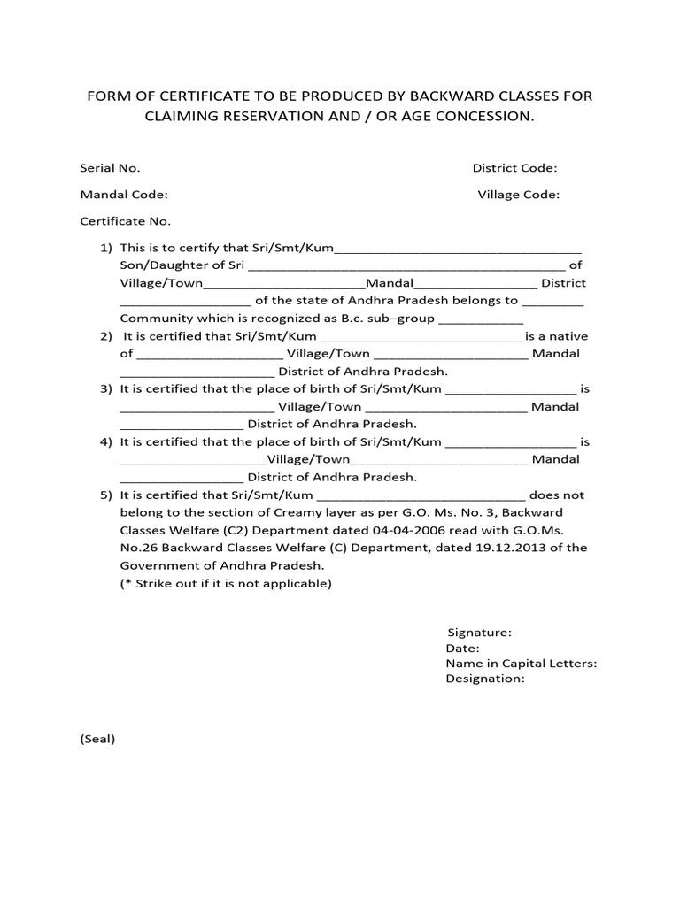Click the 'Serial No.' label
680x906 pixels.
[110, 168]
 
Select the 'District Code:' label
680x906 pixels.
[514, 168]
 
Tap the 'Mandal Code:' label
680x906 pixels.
[124, 195]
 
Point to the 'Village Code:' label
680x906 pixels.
[518, 195]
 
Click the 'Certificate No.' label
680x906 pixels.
[125, 221]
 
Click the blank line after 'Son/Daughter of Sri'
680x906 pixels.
[406, 266]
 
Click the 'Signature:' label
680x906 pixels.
[479, 633]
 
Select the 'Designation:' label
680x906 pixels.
[485, 679]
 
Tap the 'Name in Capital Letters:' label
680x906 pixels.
[521, 664]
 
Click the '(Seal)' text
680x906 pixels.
[98, 739]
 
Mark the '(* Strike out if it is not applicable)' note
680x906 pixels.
[226, 584]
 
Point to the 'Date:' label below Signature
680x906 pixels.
[463, 649]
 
